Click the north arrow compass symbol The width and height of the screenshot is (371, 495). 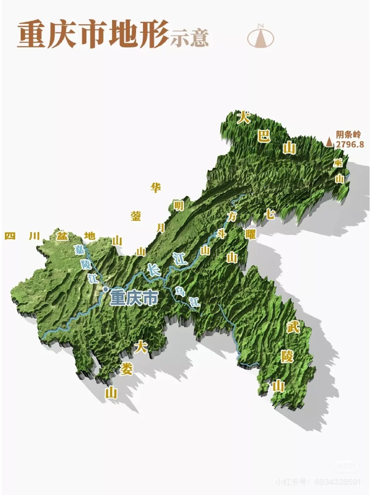coord(261,36)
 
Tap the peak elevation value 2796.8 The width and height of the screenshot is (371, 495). coord(349,144)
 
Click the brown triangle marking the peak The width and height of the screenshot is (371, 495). coord(329,142)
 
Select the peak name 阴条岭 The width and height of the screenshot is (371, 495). coord(348,135)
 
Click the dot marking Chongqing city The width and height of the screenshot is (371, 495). coord(105,289)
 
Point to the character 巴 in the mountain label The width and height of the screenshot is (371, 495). coord(264,136)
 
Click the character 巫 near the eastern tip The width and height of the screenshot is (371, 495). coord(338,163)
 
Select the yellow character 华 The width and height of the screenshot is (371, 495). coord(156,188)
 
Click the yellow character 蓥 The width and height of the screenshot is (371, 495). coord(136,216)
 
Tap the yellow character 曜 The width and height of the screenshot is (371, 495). coord(250,234)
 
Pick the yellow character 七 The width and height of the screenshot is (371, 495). coord(270,214)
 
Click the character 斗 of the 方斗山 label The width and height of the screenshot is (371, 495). coord(221,234)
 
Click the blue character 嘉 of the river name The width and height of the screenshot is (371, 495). coord(79,249)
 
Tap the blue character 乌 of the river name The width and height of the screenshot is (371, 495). coord(179,291)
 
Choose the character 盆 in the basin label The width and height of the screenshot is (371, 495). coord(62,236)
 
